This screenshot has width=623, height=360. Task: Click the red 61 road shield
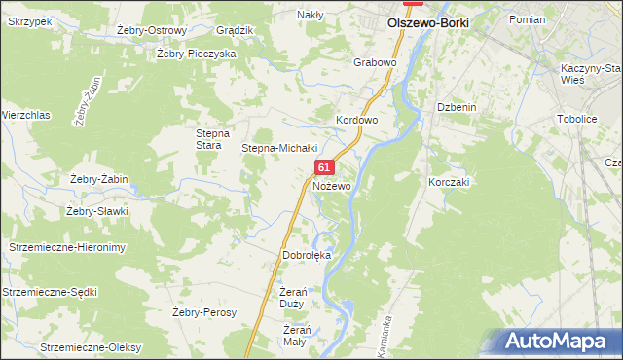click(x=325, y=168)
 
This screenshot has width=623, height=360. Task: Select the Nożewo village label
click(x=332, y=185)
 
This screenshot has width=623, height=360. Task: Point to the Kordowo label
click(x=356, y=121)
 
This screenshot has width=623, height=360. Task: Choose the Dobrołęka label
click(x=307, y=255)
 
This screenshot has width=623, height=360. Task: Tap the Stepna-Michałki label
click(x=280, y=148)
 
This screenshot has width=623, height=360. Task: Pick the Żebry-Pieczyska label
click(x=197, y=54)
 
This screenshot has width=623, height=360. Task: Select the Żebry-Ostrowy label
click(x=151, y=30)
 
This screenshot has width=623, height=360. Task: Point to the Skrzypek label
click(x=30, y=21)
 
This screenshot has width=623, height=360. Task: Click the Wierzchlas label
click(x=25, y=115)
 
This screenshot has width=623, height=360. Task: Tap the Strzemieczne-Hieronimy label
click(x=67, y=248)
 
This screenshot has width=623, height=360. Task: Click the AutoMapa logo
click(x=561, y=341)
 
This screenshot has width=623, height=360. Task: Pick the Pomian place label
click(x=527, y=19)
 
